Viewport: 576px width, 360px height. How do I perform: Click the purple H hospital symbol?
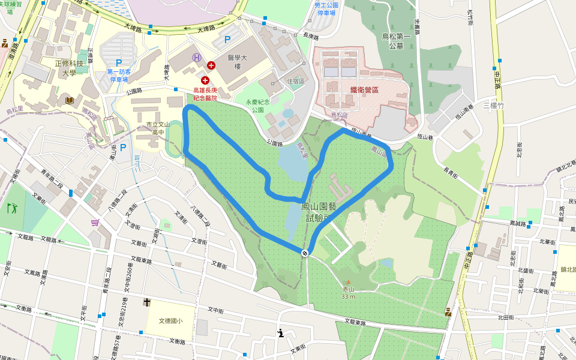tap(196, 58)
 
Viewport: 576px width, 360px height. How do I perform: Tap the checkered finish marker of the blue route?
tap(305, 253)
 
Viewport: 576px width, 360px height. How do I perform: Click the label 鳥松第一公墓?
tap(397, 41)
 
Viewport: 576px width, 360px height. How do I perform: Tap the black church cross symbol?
tap(147, 302)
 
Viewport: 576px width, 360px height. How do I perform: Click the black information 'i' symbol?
tap(280, 332)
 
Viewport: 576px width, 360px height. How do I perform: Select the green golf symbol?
tap(12, 209)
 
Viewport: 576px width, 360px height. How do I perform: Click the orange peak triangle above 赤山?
tap(348, 281)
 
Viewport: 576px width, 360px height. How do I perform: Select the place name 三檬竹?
tap(496, 105)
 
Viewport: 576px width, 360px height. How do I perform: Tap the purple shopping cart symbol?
tap(95, 223)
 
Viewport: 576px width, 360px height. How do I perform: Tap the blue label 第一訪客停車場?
tap(118, 76)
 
